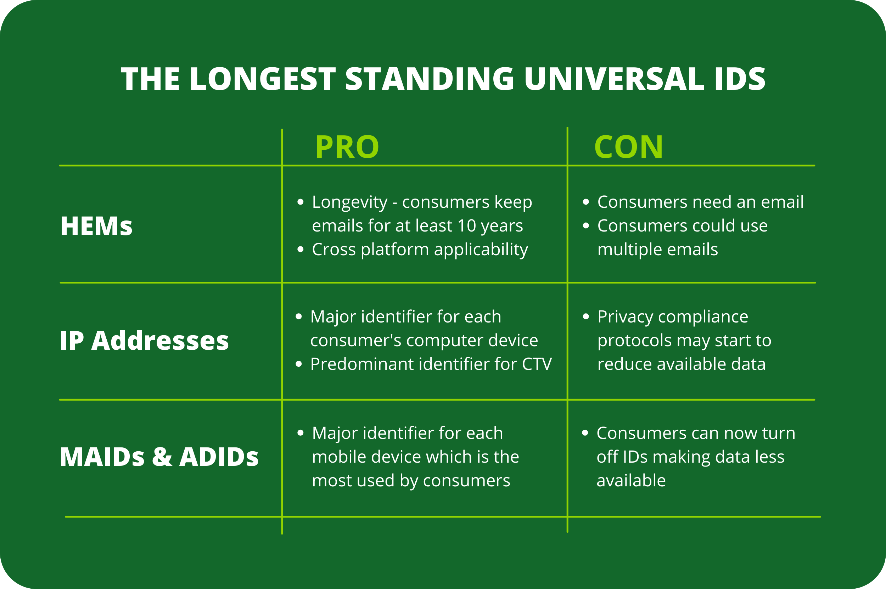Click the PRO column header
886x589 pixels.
pos(347,147)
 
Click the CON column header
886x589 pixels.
pos(628,147)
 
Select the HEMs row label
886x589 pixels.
pos(96,226)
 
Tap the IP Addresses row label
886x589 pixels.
pos(144,341)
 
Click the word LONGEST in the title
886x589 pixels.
pos(262,79)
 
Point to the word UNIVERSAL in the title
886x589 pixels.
pos(614,79)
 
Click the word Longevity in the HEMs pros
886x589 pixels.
pos(349,202)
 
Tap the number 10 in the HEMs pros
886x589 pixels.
pos(467,226)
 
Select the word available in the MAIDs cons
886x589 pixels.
pos(631,480)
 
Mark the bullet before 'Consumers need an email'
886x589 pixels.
pos(585,202)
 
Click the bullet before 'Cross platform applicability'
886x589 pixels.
pos(300,250)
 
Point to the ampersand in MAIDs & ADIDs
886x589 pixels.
pos(162,457)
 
